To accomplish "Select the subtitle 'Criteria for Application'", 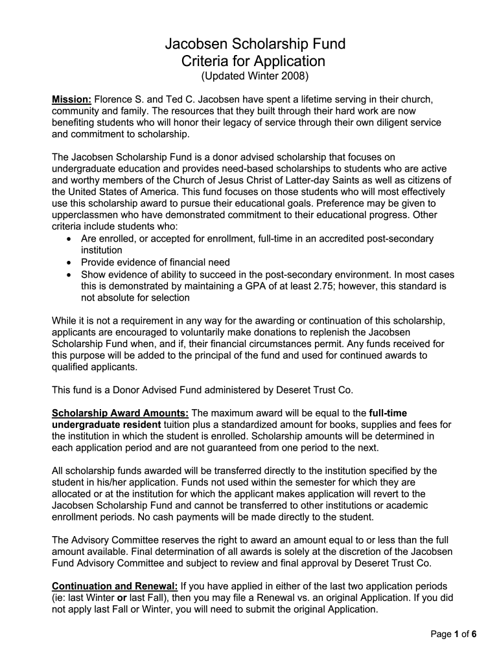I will pyautogui.click(x=254, y=62).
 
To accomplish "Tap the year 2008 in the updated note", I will pyautogui.click(x=296, y=77).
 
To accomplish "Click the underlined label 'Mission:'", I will pyautogui.click(x=71, y=99).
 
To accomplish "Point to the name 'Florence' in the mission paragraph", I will pyautogui.click(x=114, y=99).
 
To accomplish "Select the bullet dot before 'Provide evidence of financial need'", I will pyautogui.click(x=69, y=262).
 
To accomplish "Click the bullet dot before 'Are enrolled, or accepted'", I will pyautogui.click(x=69, y=239).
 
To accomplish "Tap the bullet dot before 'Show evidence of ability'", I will pyautogui.click(x=69, y=274).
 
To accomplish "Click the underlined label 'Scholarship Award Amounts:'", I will pyautogui.click(x=120, y=412).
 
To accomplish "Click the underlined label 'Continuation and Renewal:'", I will pyautogui.click(x=115, y=586).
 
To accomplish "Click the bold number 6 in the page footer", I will pyautogui.click(x=474, y=634).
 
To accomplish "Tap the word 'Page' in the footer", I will pyautogui.click(x=442, y=634).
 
